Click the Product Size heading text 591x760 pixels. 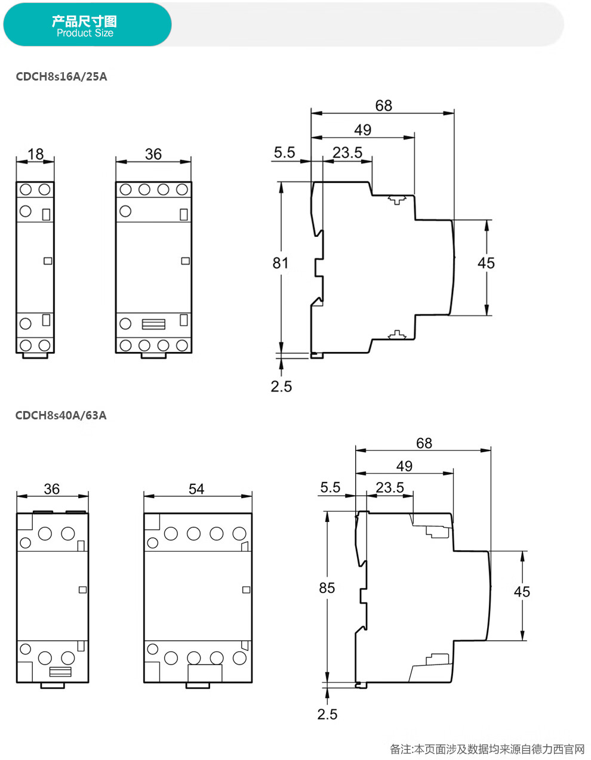tap(85, 33)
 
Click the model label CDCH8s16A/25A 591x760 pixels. tap(61, 76)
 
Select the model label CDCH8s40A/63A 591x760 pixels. tap(61, 415)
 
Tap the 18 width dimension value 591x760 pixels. tap(35, 154)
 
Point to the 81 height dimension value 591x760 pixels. tap(281, 263)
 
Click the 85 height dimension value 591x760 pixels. tap(327, 588)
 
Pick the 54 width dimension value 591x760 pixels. tap(196, 489)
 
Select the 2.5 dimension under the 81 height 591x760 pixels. tap(281, 386)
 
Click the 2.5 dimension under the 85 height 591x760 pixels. tap(327, 714)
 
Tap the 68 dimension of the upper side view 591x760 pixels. tap(383, 106)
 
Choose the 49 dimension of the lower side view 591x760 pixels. tap(404, 466)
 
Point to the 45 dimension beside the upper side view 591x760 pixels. tap(486, 263)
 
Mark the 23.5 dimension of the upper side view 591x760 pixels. tap(347, 153)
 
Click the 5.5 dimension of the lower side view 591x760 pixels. tap(330, 487)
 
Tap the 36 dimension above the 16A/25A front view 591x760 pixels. tap(153, 154)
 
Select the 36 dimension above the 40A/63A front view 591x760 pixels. tap(52, 489)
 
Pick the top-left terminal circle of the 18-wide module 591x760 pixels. tap(26, 190)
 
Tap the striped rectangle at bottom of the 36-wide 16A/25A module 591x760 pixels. tap(153, 324)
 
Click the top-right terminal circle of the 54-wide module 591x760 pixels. tap(239, 534)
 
